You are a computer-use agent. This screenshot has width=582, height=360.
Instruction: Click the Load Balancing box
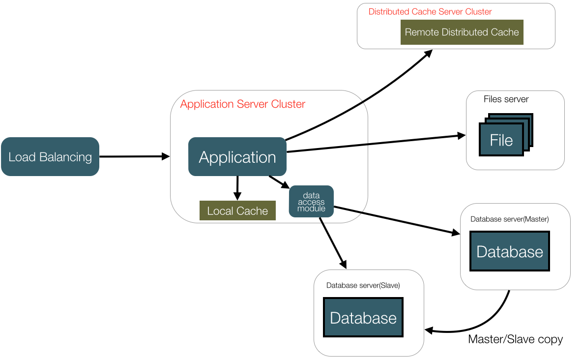(50, 156)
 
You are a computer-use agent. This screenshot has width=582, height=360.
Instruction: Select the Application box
(237, 157)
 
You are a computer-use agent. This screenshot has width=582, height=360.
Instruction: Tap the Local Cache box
(237, 210)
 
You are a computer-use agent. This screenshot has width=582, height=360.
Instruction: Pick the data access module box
(311, 202)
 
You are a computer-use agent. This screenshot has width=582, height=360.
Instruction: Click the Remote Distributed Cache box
(462, 32)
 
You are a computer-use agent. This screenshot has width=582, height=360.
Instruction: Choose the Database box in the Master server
(510, 251)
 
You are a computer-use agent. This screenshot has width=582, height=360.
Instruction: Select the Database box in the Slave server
(363, 317)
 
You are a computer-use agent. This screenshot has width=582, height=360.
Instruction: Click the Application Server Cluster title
(243, 104)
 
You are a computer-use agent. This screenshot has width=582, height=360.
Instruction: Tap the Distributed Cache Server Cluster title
(430, 12)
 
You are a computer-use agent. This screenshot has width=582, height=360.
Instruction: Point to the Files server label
(506, 99)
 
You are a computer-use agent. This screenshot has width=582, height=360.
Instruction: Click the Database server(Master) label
(509, 219)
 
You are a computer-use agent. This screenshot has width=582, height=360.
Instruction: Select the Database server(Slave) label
(363, 285)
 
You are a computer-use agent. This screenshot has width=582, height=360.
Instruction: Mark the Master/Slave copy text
(515, 339)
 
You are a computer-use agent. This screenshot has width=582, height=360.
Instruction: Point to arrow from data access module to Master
(393, 220)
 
